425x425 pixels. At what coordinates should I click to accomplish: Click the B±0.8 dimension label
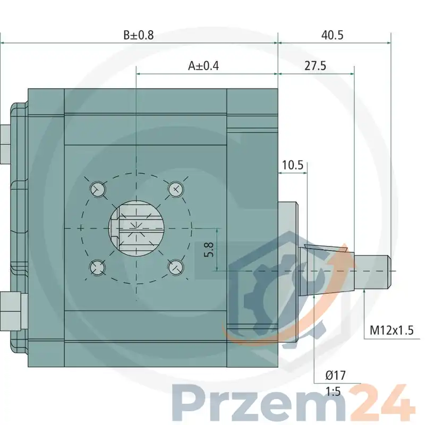pos(139,35)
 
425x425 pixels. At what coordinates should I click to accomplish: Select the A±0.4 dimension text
pos(203,66)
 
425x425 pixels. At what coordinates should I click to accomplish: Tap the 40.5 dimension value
pos(333,35)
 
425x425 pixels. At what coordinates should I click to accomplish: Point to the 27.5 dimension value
pos(315,66)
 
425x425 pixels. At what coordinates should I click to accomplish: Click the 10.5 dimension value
pos(293,165)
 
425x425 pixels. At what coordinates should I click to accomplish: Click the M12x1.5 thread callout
pos(392,330)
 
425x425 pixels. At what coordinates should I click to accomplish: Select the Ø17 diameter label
pos(336,376)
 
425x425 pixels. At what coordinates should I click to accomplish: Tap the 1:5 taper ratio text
pos(333,392)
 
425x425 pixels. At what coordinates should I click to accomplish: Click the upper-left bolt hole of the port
pos(98,189)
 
